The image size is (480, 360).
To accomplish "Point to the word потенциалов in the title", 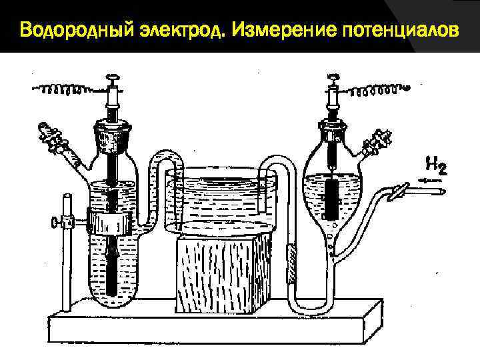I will (400, 31).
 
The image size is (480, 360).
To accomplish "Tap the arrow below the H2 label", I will (432, 180).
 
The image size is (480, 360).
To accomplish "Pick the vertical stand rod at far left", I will (67, 253).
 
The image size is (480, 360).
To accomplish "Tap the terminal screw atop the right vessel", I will (332, 80).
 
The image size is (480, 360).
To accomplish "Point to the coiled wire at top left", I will (67, 89).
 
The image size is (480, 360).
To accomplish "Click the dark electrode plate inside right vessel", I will (332, 197).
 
